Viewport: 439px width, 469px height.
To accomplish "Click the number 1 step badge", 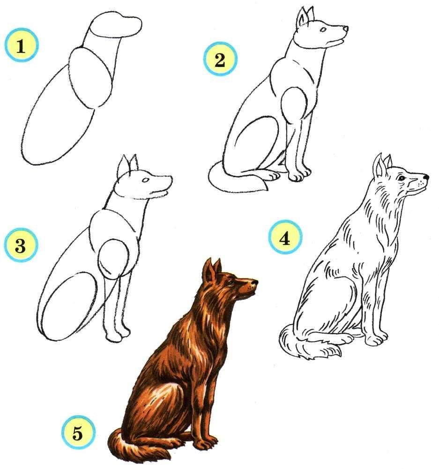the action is pyautogui.click(x=21, y=45).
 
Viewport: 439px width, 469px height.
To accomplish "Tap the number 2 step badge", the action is pyautogui.click(x=220, y=59).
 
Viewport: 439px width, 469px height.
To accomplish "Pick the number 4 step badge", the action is pyautogui.click(x=285, y=237).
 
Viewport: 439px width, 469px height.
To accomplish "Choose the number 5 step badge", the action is pyautogui.click(x=78, y=432).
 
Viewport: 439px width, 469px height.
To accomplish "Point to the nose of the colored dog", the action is pyautogui.click(x=254, y=282).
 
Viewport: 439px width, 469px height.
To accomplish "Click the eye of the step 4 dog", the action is pyautogui.click(x=401, y=178).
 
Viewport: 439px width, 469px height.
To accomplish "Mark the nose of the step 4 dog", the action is pyautogui.click(x=425, y=177).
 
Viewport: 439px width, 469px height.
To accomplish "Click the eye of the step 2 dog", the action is pyautogui.click(x=323, y=30).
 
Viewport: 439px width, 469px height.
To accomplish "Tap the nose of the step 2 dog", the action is pyautogui.click(x=345, y=29).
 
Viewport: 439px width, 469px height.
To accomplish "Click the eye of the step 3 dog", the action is pyautogui.click(x=145, y=180).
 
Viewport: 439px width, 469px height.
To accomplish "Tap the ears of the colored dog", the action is pyautogui.click(x=212, y=269).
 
